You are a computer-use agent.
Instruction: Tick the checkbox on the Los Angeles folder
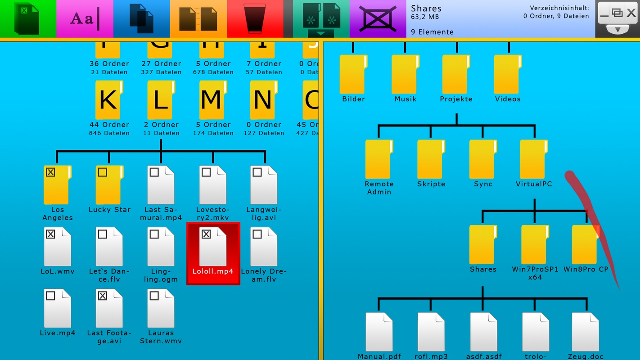coord(50,172)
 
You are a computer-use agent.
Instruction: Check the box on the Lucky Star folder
coord(103,172)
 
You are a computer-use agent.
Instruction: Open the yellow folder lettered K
coord(109,100)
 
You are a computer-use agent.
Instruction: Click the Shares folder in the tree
coord(483,245)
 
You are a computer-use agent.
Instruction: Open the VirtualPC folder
coord(534,160)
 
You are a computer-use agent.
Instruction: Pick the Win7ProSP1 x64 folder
coord(535,245)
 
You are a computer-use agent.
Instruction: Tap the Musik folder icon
coord(405,75)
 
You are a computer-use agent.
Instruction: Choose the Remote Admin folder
coord(379,160)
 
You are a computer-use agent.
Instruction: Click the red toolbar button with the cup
coord(255,19)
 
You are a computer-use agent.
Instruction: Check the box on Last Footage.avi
coord(103,296)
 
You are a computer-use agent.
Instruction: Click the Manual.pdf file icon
coord(379,332)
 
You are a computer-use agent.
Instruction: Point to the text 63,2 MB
coord(425,17)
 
